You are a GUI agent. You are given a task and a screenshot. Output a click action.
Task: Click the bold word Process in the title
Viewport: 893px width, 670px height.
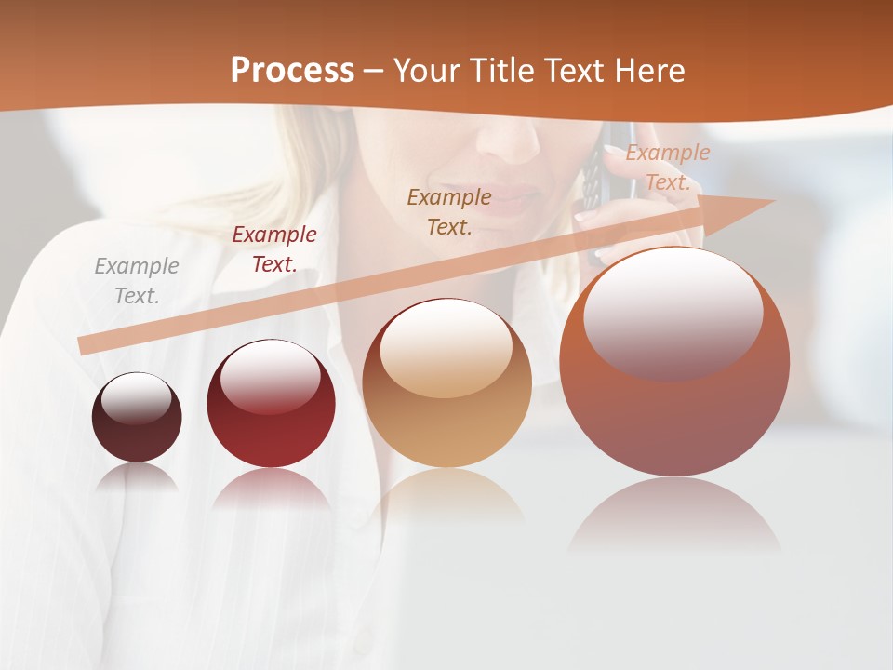click(x=292, y=71)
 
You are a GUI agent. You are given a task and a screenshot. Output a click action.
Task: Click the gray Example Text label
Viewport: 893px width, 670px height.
click(x=137, y=280)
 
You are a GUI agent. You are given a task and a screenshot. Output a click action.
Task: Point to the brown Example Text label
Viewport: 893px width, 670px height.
click(x=449, y=211)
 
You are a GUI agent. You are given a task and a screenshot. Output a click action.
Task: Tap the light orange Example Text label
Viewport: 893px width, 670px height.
click(x=667, y=167)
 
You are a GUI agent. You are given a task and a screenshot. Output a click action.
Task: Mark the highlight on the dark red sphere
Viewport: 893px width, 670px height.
click(x=270, y=377)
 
